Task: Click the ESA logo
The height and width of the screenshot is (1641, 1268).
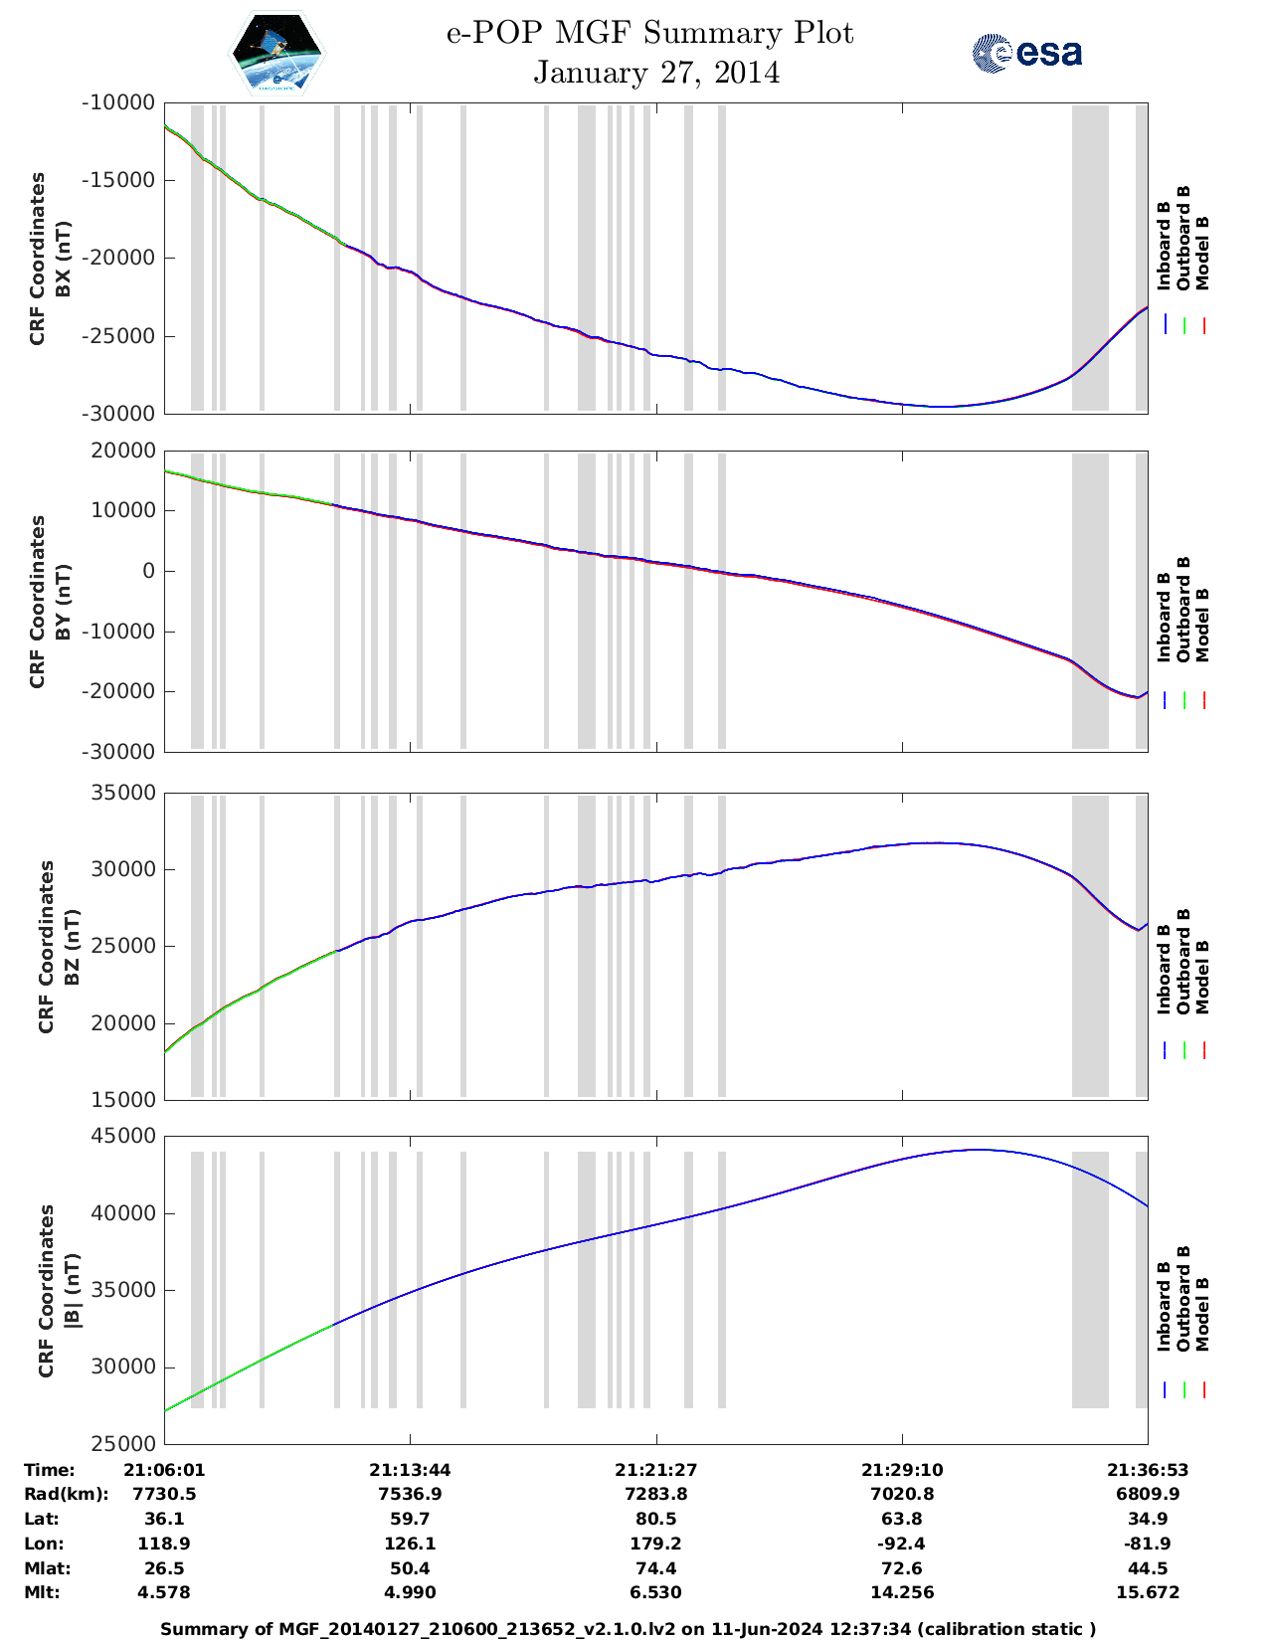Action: (x=1027, y=53)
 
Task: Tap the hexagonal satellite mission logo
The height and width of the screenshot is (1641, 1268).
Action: (x=276, y=54)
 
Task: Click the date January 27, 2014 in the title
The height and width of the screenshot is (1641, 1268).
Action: (x=656, y=73)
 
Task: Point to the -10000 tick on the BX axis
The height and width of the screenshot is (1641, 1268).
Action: (x=119, y=102)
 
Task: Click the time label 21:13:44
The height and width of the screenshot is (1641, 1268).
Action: (x=410, y=1470)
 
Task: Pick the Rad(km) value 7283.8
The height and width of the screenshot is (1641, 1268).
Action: (x=655, y=1494)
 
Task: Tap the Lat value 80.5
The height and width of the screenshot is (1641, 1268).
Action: (x=655, y=1519)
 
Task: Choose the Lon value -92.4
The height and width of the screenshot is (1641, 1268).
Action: (x=901, y=1544)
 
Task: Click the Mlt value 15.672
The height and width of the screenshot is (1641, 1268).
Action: (x=1148, y=1592)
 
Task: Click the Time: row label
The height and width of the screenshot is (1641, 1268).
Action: (x=50, y=1470)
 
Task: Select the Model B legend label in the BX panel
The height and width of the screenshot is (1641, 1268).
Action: (x=1202, y=253)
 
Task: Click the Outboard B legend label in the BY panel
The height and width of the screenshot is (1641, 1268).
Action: (x=1183, y=609)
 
